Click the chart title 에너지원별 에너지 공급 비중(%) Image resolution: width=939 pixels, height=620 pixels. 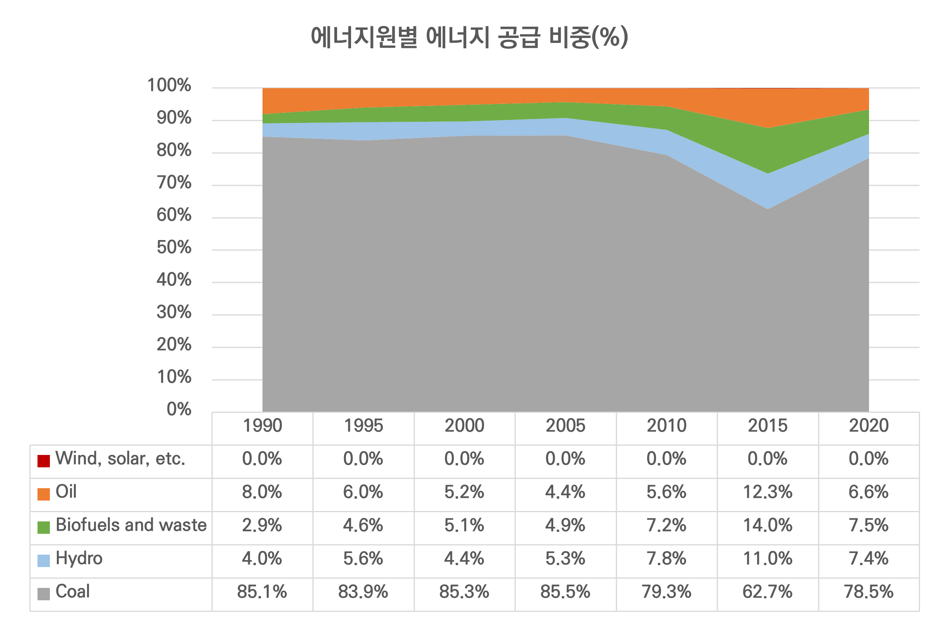point(469,37)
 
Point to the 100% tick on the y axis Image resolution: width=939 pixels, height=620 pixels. point(169,85)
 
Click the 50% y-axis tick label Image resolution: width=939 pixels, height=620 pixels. point(174,247)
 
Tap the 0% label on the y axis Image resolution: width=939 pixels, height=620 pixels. point(179,409)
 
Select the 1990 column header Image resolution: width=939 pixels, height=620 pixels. point(262,426)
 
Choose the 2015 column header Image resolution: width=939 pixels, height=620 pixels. point(767,426)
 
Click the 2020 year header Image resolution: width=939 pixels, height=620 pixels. point(869,426)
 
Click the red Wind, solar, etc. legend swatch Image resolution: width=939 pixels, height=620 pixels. point(44,461)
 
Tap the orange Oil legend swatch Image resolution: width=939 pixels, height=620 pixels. point(44,494)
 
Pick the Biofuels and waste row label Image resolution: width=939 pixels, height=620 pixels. point(131,525)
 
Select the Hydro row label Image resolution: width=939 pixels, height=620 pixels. point(79,558)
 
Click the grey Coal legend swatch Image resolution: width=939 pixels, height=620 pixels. point(44,594)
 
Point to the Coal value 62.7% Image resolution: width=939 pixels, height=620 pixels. point(767,592)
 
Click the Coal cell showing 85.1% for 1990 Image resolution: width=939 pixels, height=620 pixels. point(262,592)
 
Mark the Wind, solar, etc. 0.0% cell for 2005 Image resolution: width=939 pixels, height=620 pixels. point(566,459)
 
